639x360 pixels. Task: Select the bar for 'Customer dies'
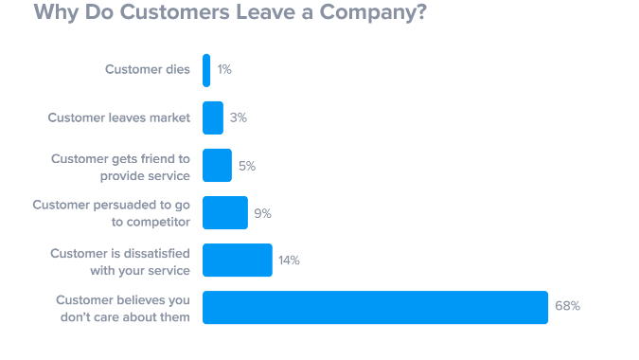click(206, 70)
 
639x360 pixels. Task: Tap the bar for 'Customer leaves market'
click(213, 118)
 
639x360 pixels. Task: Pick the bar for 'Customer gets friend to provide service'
click(217, 166)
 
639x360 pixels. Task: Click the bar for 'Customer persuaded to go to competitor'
click(225, 213)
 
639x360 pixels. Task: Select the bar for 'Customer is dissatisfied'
click(238, 260)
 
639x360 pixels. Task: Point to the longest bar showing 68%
click(375, 307)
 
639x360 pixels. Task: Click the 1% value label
click(224, 70)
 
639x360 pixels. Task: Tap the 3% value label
click(239, 118)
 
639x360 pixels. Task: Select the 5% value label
click(247, 166)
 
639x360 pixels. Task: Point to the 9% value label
click(263, 213)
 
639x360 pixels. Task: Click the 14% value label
click(289, 260)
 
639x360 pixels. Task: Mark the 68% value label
click(567, 307)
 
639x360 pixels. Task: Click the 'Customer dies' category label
click(147, 70)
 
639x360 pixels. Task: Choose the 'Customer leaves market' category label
click(119, 118)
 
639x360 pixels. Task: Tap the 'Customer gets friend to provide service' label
click(120, 166)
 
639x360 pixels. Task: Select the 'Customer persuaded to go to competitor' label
click(112, 213)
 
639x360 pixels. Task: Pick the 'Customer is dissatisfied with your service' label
click(119, 260)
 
